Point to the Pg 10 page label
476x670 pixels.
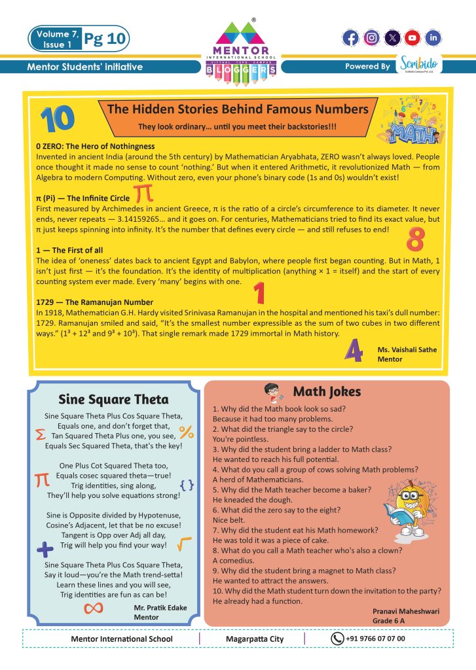(105, 39)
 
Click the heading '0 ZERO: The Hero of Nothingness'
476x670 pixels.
(96, 146)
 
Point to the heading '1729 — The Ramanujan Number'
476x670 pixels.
(95, 302)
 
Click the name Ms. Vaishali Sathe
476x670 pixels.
(407, 349)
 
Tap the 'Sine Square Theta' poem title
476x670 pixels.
(113, 399)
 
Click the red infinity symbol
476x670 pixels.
(94, 608)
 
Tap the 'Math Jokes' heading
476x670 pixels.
(326, 392)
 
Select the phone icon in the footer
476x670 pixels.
(337, 639)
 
